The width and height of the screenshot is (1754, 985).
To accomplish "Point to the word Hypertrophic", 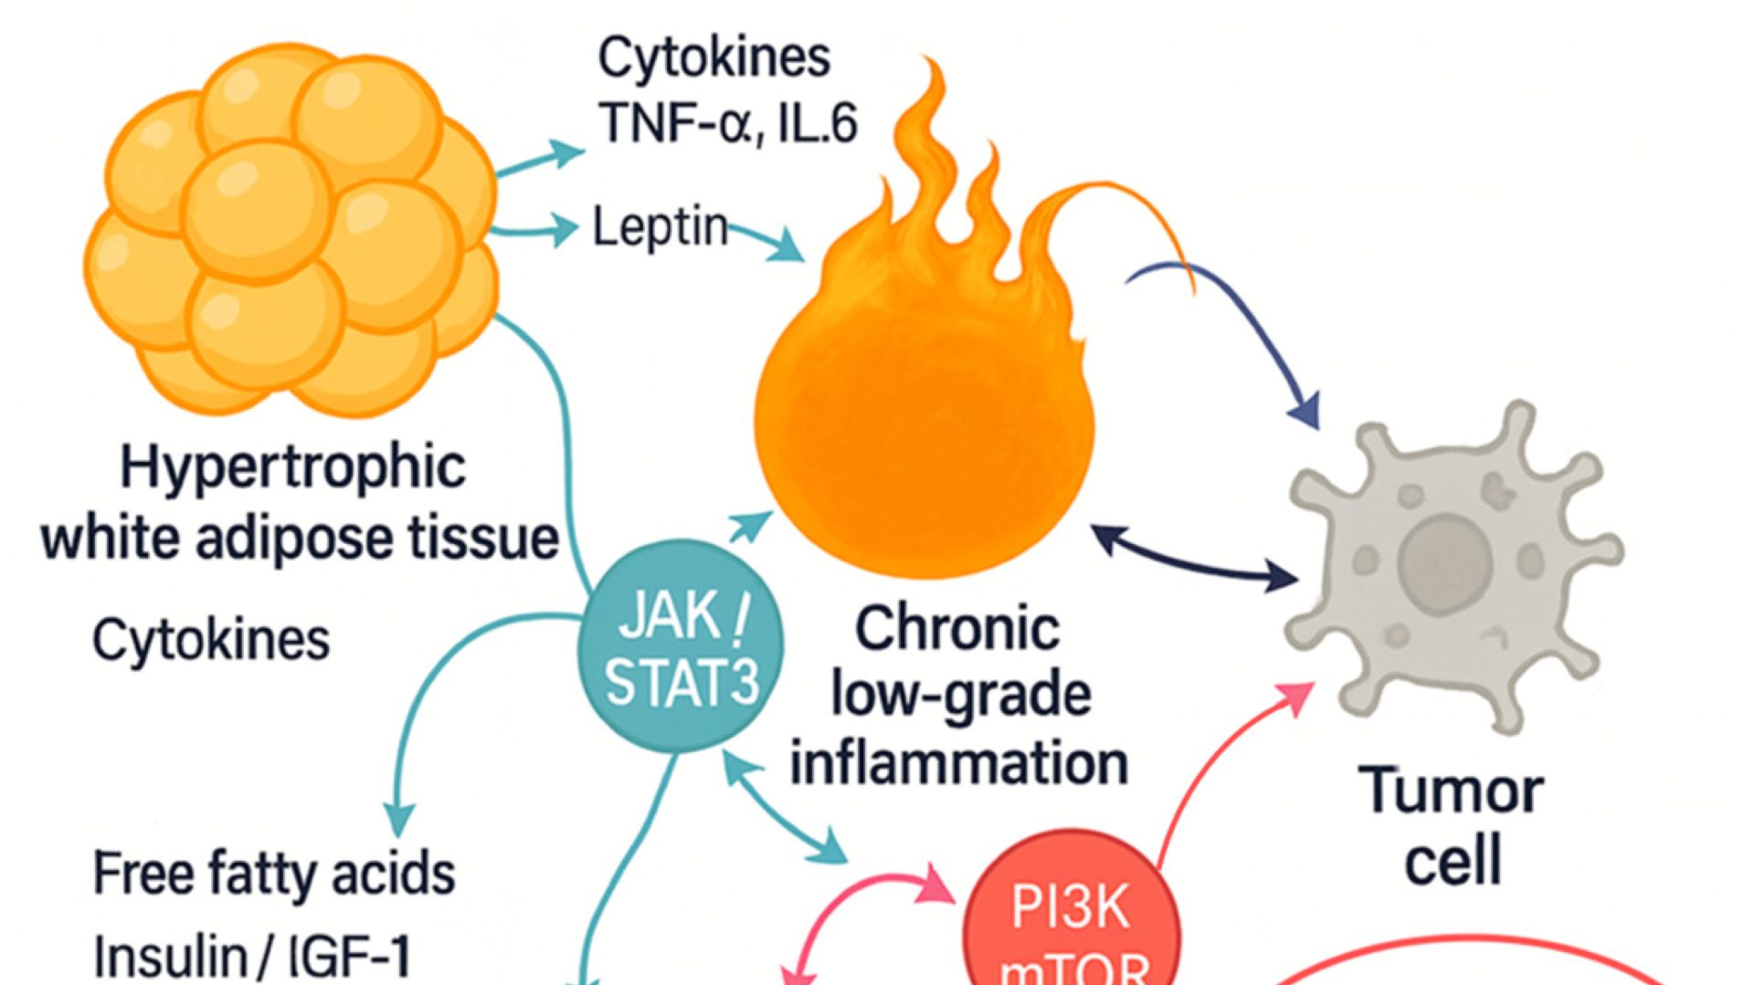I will click(x=293, y=468).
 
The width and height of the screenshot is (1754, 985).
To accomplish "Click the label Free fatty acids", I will click(x=274, y=873).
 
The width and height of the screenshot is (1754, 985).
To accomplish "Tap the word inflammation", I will click(x=959, y=763).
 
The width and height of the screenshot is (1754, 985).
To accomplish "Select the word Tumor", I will click(x=1452, y=791).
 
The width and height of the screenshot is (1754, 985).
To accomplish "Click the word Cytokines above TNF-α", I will click(x=714, y=57).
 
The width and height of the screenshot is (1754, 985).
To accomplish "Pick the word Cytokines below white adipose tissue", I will click(x=211, y=639).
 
